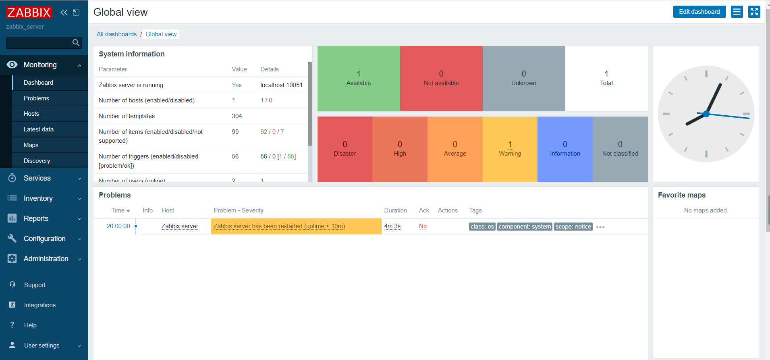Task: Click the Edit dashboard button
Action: pos(699,12)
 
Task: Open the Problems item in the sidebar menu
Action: pos(36,98)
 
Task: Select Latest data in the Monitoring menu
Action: pos(39,129)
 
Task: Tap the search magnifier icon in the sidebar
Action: pos(76,43)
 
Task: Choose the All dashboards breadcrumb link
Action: pos(116,34)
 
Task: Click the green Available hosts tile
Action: pos(359,79)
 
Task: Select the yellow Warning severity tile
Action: pos(510,149)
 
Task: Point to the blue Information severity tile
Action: pos(565,149)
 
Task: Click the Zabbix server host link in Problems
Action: pos(180,226)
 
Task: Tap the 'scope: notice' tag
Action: pos(573,227)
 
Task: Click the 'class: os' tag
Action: pos(482,227)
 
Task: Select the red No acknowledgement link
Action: pos(423,226)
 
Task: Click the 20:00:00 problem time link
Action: pos(118,226)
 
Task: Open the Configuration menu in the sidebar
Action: pos(44,239)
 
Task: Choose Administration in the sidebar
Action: pos(46,259)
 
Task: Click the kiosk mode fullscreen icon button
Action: pos(754,12)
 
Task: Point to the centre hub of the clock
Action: pos(706,114)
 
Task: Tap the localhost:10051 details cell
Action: pos(281,85)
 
